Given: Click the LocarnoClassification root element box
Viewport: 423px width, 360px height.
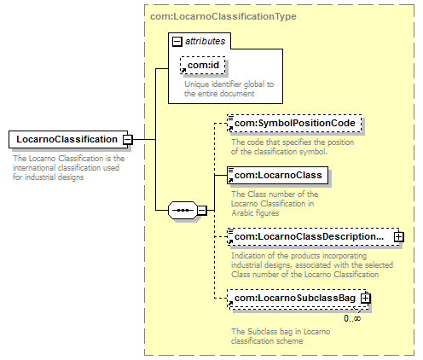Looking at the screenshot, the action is pyautogui.click(x=68, y=139).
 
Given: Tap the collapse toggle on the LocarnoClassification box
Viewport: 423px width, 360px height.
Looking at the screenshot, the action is pyautogui.click(x=127, y=140).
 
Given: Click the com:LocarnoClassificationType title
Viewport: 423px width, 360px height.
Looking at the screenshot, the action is pyautogui.click(x=223, y=16).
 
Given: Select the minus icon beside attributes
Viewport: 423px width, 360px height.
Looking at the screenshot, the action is pyautogui.click(x=177, y=42).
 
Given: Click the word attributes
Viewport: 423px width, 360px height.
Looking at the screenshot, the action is pyautogui.click(x=206, y=41).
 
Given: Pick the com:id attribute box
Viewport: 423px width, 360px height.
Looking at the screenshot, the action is pyautogui.click(x=203, y=65).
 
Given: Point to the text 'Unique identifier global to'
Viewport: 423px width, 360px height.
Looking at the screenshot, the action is pyautogui.click(x=229, y=84).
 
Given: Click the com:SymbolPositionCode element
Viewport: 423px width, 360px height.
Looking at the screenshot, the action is pyautogui.click(x=294, y=123).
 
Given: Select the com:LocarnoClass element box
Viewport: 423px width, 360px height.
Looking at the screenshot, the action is pyautogui.click(x=277, y=175).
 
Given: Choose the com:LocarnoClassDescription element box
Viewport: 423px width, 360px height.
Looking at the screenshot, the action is pyautogui.click(x=313, y=236).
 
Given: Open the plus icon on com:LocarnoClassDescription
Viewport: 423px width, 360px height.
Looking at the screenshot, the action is pyautogui.click(x=399, y=237).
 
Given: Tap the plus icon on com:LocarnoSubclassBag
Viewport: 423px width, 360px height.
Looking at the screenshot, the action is pyautogui.click(x=366, y=299).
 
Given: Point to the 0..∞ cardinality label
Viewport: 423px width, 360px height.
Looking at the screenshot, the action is pyautogui.click(x=352, y=318).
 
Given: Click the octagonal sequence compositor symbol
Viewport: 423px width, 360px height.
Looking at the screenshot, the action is pyautogui.click(x=183, y=211).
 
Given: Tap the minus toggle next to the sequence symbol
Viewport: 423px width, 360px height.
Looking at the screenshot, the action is pyautogui.click(x=202, y=211).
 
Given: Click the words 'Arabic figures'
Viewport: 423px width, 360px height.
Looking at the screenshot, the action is pyautogui.click(x=255, y=213).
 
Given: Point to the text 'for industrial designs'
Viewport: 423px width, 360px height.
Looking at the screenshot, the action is pyautogui.click(x=48, y=177).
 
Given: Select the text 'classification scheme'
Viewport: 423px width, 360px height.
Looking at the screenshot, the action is pyautogui.click(x=267, y=340).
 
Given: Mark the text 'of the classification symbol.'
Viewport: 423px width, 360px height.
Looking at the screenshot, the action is pyautogui.click(x=279, y=152).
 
